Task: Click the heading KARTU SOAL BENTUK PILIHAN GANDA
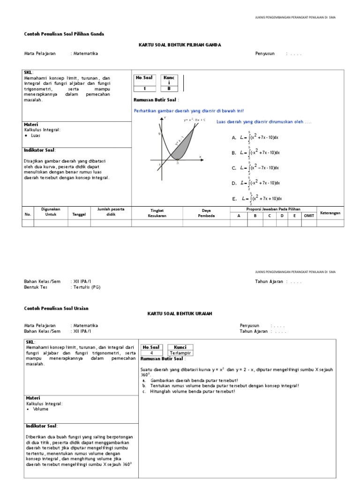click(x=180, y=45)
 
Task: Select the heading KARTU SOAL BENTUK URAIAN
click(x=180, y=313)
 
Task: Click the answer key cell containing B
click(x=169, y=88)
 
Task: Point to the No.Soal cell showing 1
click(x=144, y=88)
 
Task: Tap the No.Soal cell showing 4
click(x=151, y=353)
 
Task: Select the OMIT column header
click(x=309, y=216)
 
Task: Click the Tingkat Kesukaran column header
click(x=157, y=213)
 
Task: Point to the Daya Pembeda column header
click(x=206, y=213)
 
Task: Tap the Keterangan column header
click(x=330, y=213)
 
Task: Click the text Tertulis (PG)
click(x=87, y=287)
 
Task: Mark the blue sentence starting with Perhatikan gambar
click(x=188, y=111)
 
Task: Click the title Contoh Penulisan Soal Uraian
click(x=56, y=308)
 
